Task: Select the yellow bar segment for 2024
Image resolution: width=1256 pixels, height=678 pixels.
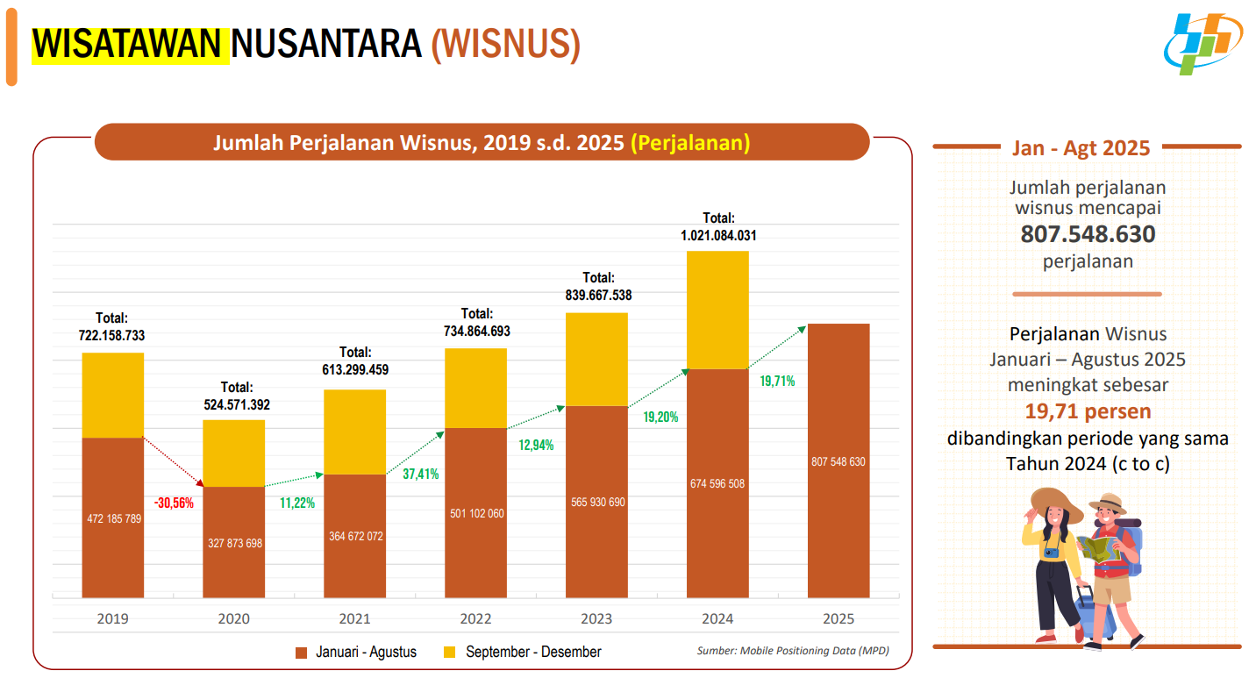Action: (717, 310)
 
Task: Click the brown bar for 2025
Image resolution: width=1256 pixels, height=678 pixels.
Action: (839, 460)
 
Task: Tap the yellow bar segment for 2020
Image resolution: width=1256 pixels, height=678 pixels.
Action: (234, 453)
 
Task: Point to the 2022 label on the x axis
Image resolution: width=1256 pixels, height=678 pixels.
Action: (475, 619)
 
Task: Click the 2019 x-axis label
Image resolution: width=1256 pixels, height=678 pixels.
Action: (113, 619)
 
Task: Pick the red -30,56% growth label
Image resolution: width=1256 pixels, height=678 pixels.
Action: (174, 503)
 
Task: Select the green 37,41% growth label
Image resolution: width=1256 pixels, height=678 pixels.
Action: (421, 475)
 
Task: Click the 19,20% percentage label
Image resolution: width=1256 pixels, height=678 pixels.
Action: (660, 418)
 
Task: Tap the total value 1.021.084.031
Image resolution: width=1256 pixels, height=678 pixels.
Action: (718, 235)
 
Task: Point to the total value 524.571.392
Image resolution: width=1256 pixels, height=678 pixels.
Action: (233, 405)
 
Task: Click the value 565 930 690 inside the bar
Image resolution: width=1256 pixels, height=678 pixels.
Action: (598, 503)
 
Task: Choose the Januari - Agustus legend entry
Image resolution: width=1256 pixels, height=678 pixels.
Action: (356, 653)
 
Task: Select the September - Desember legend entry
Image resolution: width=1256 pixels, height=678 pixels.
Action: (523, 653)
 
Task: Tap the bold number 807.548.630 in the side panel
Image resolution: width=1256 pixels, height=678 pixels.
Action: (1088, 235)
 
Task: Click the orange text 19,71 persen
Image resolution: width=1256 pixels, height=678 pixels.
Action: (1088, 411)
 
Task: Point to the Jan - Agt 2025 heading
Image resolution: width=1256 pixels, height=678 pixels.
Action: (1081, 147)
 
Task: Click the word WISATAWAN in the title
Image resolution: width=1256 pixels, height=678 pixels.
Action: (129, 44)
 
